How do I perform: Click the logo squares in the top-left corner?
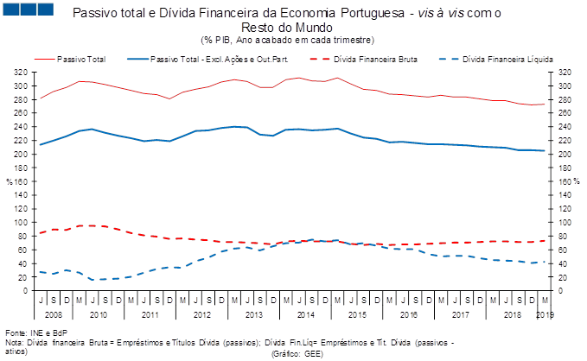(x=29, y=9)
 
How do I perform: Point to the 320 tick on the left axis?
(x=21, y=73)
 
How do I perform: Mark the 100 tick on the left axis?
(x=21, y=223)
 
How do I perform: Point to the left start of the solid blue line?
(x=41, y=145)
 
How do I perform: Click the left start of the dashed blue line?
(x=41, y=272)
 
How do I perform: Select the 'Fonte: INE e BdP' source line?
(x=36, y=332)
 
